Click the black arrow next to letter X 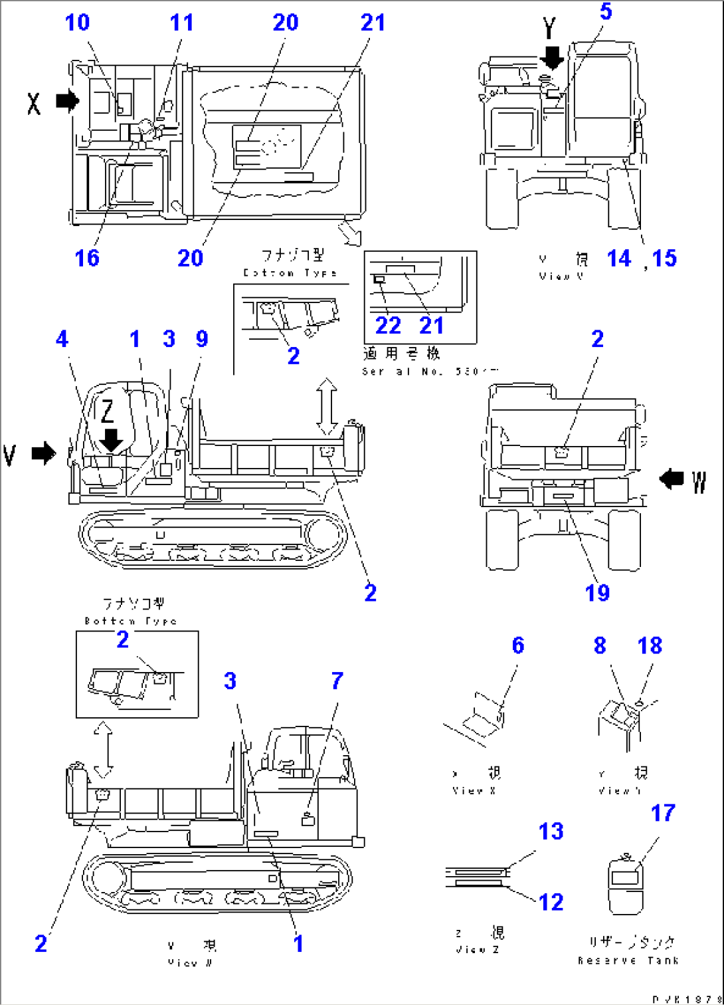67,101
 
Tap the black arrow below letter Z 111,439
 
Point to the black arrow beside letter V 45,454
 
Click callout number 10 77,23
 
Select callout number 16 87,258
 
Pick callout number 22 388,326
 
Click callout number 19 597,592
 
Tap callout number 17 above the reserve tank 663,812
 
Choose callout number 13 551,831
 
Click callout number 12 551,902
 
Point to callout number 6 518,645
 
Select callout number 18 650,645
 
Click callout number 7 337,681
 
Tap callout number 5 605,11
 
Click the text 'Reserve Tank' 628,960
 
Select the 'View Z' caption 477,950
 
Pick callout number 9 202,339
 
